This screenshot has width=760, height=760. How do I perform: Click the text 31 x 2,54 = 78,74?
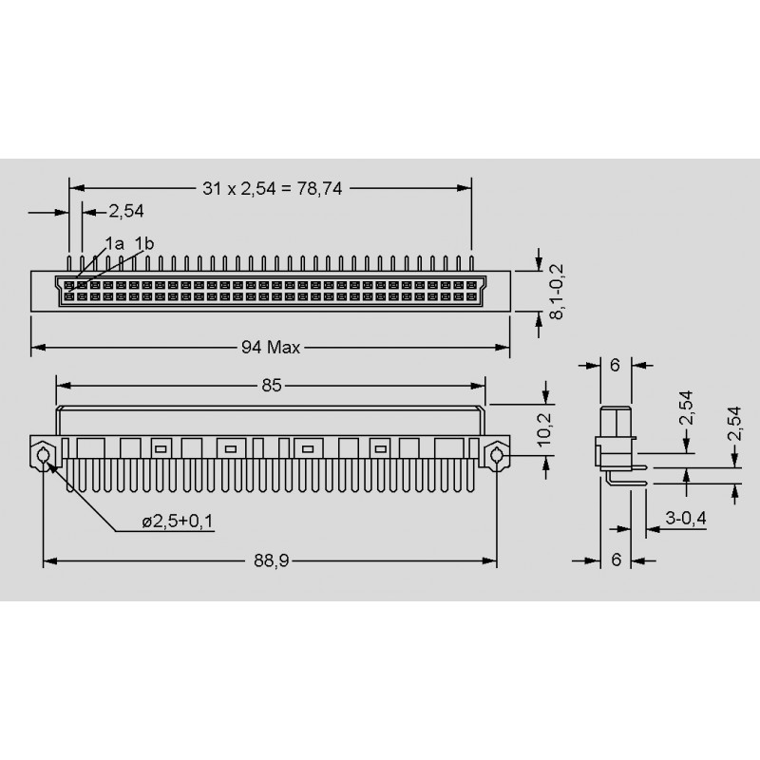click(x=272, y=188)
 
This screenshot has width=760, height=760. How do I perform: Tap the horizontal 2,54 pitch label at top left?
click(x=126, y=211)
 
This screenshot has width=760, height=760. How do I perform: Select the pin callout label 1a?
click(x=114, y=243)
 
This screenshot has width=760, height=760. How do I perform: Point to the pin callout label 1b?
click(x=144, y=243)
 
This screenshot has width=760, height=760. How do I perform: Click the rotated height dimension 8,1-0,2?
click(x=557, y=292)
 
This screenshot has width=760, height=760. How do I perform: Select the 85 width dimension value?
click(x=272, y=386)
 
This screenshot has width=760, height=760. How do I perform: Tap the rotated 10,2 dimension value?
click(x=544, y=429)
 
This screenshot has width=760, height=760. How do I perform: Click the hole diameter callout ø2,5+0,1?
click(x=178, y=522)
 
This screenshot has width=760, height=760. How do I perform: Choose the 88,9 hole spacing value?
click(x=272, y=560)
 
